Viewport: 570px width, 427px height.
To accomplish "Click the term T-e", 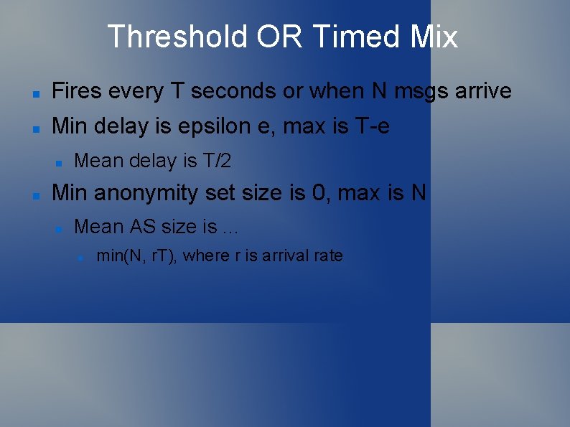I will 373,128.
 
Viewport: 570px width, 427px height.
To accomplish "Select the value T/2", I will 217,161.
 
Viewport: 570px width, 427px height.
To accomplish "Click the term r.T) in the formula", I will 165,255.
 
